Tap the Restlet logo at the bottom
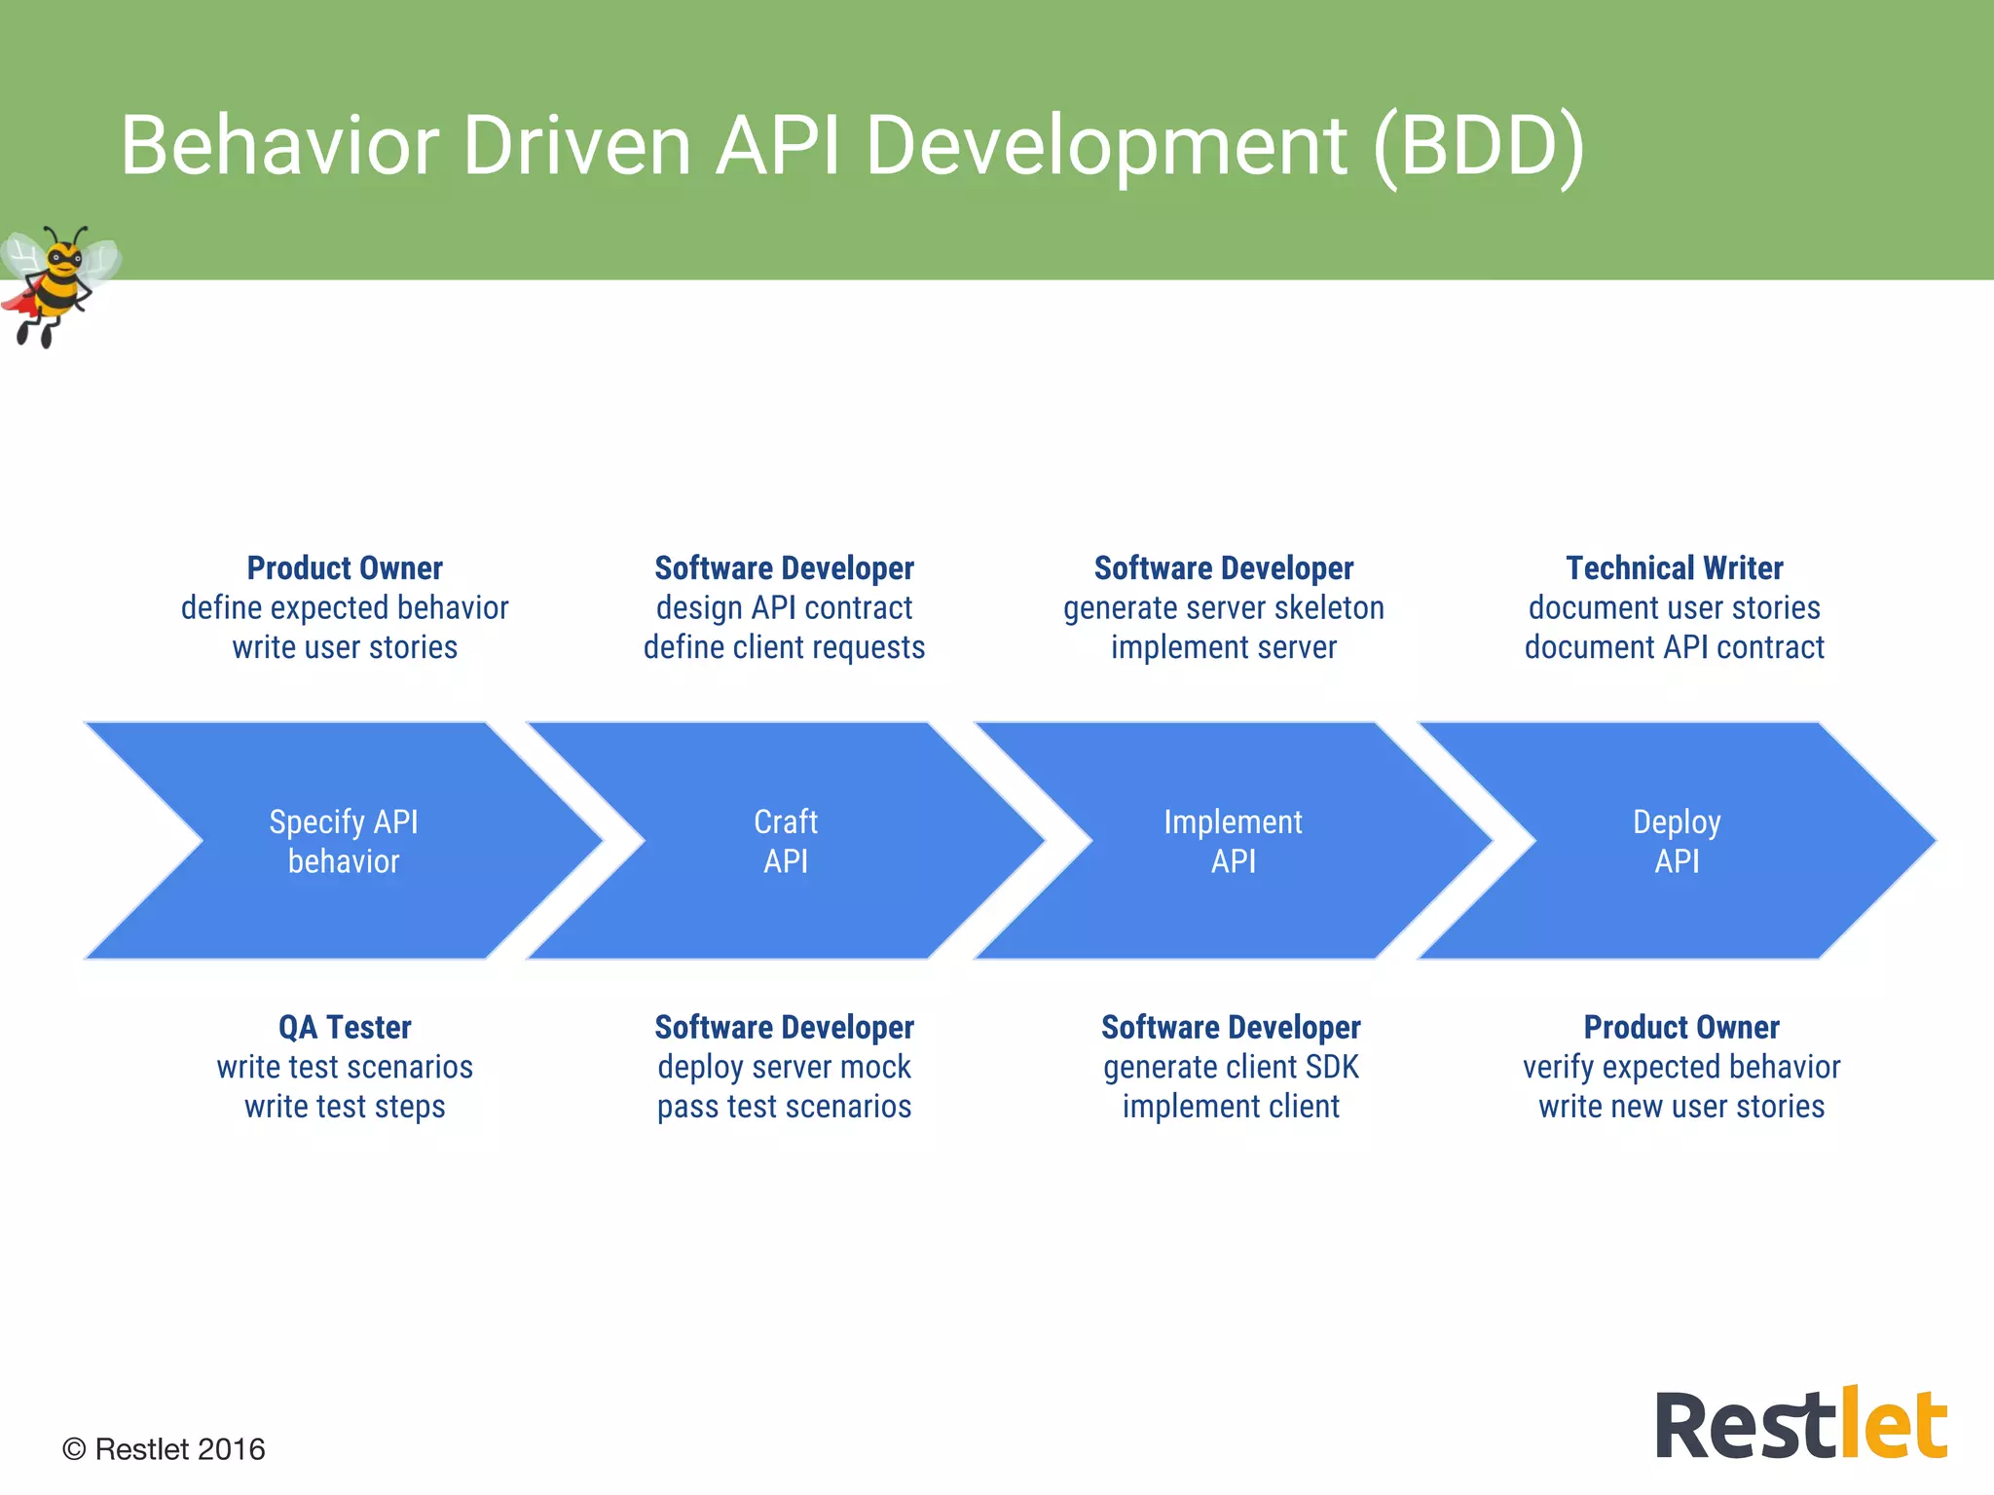click(x=1800, y=1425)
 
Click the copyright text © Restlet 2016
click(x=164, y=1449)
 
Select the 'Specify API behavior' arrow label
click(x=344, y=842)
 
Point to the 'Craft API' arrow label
click(x=786, y=842)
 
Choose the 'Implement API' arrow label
click(x=1233, y=842)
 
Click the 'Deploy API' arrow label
click(x=1677, y=842)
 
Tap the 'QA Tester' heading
click(x=345, y=1027)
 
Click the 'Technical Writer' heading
click(x=1674, y=567)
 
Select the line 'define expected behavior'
click(x=345, y=608)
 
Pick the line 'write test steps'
click(x=345, y=1107)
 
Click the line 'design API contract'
click(x=784, y=608)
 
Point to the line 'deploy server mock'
click(x=784, y=1068)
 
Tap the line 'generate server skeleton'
click(x=1223, y=608)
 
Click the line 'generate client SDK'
click(x=1231, y=1068)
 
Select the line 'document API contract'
click(x=1674, y=647)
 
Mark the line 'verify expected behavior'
click(x=1681, y=1068)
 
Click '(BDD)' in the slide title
click(x=1479, y=146)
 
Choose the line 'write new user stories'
click(x=1681, y=1107)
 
